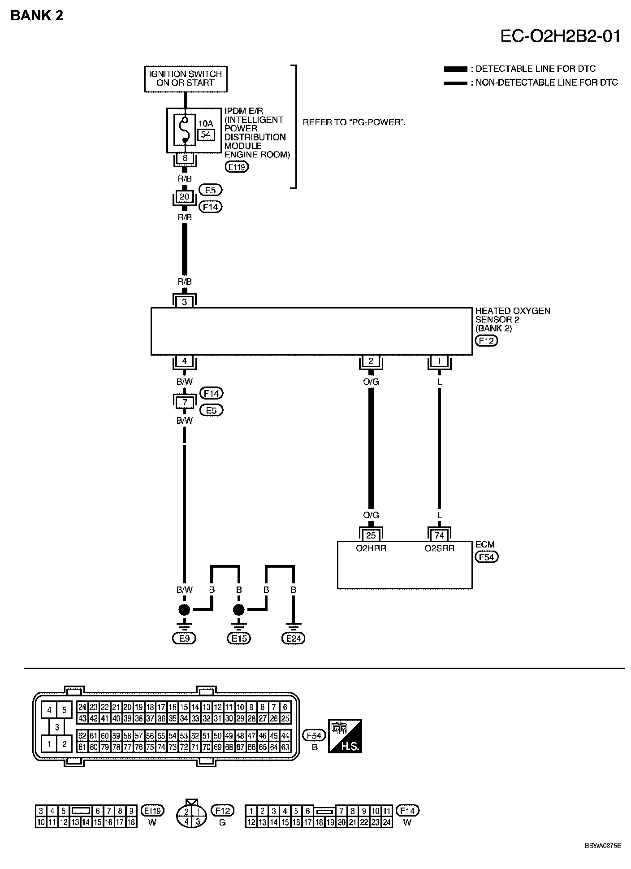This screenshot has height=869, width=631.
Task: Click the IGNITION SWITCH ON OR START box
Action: [x=186, y=79]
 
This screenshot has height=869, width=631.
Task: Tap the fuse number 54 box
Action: [x=206, y=134]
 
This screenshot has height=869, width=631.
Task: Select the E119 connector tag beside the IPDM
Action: [x=237, y=167]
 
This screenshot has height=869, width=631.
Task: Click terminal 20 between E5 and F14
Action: [x=185, y=197]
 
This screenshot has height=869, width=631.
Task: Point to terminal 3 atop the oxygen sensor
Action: [x=185, y=302]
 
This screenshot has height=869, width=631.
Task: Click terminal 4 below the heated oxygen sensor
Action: [x=185, y=361]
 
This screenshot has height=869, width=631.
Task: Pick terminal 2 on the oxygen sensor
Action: [x=371, y=361]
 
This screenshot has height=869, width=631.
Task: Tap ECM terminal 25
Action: [x=371, y=535]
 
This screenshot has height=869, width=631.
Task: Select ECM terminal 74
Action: [x=439, y=535]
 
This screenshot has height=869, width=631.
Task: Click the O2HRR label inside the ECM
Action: [x=371, y=548]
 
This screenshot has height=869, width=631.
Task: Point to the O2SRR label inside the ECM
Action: [x=439, y=548]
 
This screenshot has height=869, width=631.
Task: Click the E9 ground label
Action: [x=185, y=638]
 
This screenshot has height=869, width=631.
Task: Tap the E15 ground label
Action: [x=239, y=638]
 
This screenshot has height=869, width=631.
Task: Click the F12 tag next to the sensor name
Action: [x=486, y=340]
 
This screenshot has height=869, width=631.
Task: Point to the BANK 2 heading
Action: [x=37, y=16]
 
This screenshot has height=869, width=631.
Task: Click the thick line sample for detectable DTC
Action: [x=455, y=69]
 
